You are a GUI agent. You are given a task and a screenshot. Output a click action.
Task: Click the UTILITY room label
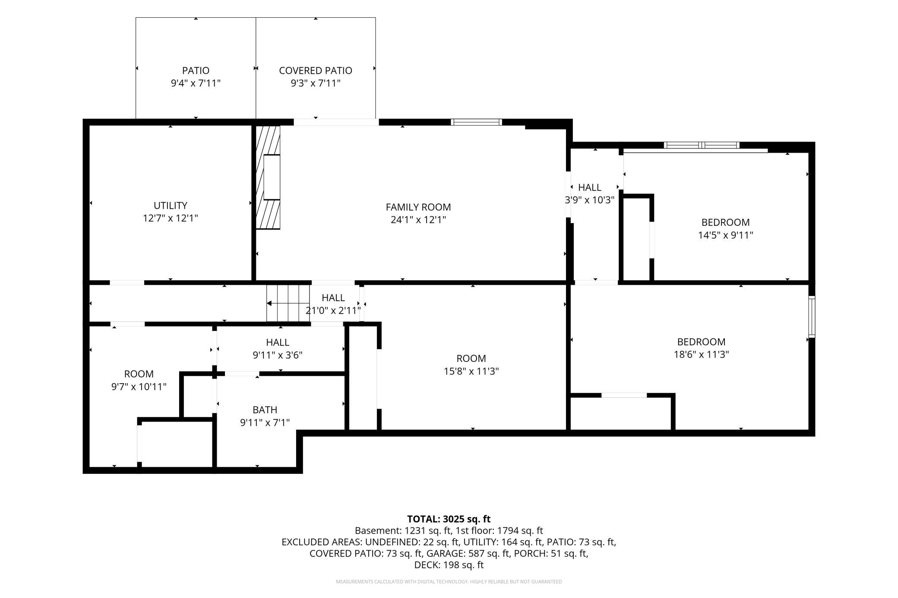click(171, 205)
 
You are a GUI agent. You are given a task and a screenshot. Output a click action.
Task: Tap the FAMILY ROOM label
click(418, 207)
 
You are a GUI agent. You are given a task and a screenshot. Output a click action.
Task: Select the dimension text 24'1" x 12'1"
click(418, 220)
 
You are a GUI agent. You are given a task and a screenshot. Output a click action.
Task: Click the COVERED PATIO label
click(316, 70)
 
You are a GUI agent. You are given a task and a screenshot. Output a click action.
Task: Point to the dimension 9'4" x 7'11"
click(196, 83)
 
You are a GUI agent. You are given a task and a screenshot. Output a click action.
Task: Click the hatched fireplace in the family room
click(268, 177)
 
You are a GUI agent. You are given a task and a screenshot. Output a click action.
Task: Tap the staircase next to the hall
click(288, 303)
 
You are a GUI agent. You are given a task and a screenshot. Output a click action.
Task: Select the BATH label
click(265, 409)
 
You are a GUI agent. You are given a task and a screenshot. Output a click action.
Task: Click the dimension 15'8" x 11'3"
click(471, 371)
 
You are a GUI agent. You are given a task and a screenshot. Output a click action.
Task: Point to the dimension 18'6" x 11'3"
click(701, 354)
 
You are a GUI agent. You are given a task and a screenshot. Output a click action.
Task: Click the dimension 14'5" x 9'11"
click(725, 235)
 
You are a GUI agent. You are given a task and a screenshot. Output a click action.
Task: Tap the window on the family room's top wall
click(477, 122)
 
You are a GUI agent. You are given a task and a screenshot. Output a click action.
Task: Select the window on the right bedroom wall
click(812, 317)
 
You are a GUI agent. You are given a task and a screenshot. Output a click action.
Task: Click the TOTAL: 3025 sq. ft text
click(449, 519)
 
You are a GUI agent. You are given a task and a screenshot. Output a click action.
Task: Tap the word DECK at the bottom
click(424, 565)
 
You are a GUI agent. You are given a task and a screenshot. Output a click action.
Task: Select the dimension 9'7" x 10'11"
click(139, 387)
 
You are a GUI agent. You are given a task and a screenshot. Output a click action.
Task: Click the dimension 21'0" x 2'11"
click(333, 310)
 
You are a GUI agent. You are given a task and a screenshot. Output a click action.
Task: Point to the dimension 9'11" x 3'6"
click(277, 355)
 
